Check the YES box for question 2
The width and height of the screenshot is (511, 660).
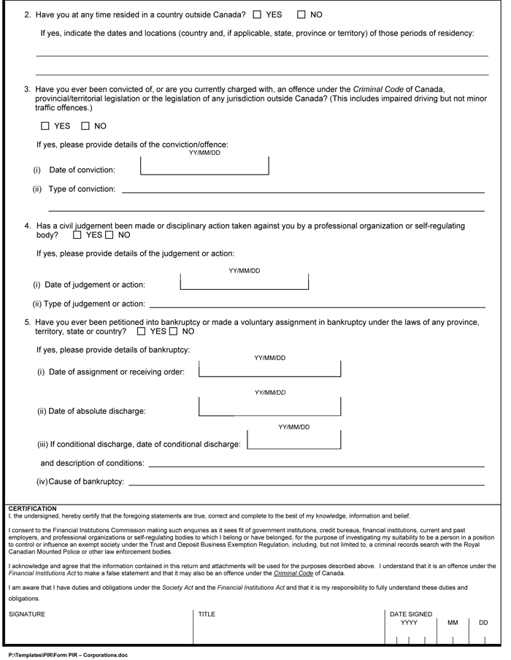coord(258,15)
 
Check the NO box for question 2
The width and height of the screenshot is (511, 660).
coord(301,15)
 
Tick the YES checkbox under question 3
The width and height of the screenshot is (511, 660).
coord(45,126)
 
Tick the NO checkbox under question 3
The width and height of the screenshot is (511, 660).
coord(85,126)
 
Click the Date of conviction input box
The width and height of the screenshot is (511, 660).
coord(204,166)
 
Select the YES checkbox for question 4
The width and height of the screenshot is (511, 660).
coord(77,235)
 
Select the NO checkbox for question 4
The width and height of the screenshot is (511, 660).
coord(109,235)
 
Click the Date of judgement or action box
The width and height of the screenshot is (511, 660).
coord(245,281)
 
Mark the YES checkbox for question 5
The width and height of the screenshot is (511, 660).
coord(141,331)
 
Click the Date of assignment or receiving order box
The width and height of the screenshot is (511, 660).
coord(269,368)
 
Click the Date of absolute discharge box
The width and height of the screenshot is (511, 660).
coord(269,406)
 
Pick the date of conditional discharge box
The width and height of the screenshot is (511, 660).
coord(294,440)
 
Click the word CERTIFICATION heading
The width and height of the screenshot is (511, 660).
coord(32,508)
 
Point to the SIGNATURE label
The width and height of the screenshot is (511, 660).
coord(26,614)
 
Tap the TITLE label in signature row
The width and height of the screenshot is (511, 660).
coord(207,614)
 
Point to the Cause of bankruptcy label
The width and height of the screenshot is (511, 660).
coord(80,481)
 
